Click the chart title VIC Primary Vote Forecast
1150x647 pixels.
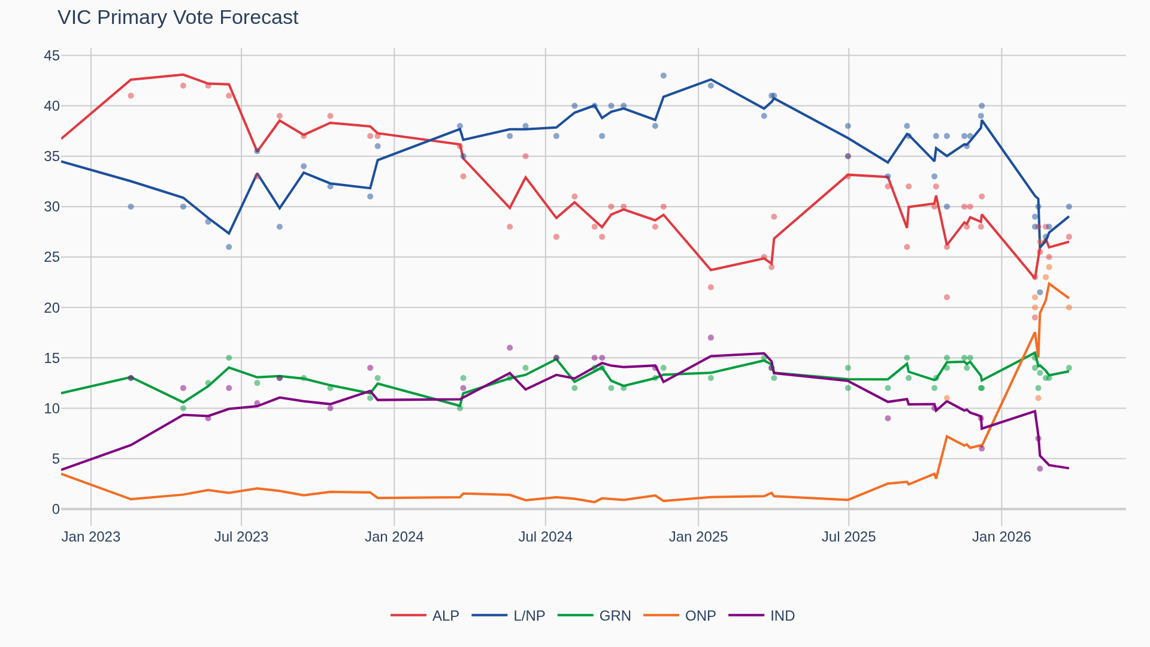click(x=178, y=17)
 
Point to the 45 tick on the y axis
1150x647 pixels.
click(x=52, y=56)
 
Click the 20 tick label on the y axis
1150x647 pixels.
click(x=52, y=308)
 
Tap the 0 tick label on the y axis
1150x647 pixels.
click(x=56, y=509)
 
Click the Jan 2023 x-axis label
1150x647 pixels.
click(x=91, y=537)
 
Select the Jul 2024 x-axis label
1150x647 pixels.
click(x=545, y=537)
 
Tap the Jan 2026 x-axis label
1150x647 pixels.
click(x=1001, y=537)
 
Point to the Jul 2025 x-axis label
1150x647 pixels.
click(x=848, y=537)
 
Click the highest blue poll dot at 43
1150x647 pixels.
click(x=663, y=75)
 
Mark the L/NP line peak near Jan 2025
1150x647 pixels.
click(x=710, y=79)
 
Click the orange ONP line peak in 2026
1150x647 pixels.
click(x=1049, y=283)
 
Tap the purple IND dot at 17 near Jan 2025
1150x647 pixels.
click(x=711, y=338)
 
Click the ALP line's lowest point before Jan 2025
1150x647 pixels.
click(x=711, y=270)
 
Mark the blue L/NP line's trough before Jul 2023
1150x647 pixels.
click(x=229, y=233)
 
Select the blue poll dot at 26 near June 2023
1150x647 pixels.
click(x=229, y=247)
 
